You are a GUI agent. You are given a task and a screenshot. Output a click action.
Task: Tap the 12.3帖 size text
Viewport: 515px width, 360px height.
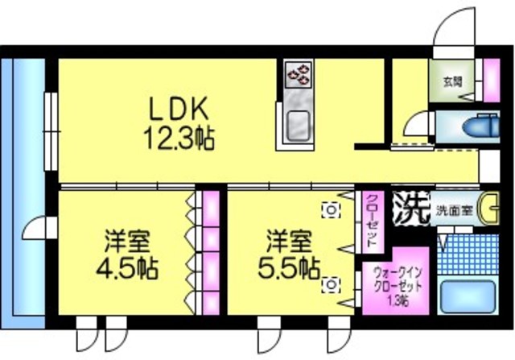179,137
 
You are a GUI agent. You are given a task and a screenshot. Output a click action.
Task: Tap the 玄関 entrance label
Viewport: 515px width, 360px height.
452,82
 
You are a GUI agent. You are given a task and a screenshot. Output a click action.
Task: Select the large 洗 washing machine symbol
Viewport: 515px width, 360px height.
410,209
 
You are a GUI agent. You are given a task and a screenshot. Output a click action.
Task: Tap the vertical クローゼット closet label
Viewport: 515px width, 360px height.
372,220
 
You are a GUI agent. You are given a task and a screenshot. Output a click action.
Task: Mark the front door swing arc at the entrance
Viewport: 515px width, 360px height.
451,24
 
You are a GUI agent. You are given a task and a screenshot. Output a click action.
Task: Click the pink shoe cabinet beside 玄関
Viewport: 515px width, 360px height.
489,81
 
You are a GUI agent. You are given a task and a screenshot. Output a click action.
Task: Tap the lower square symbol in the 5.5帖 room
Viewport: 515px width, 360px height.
331,284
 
